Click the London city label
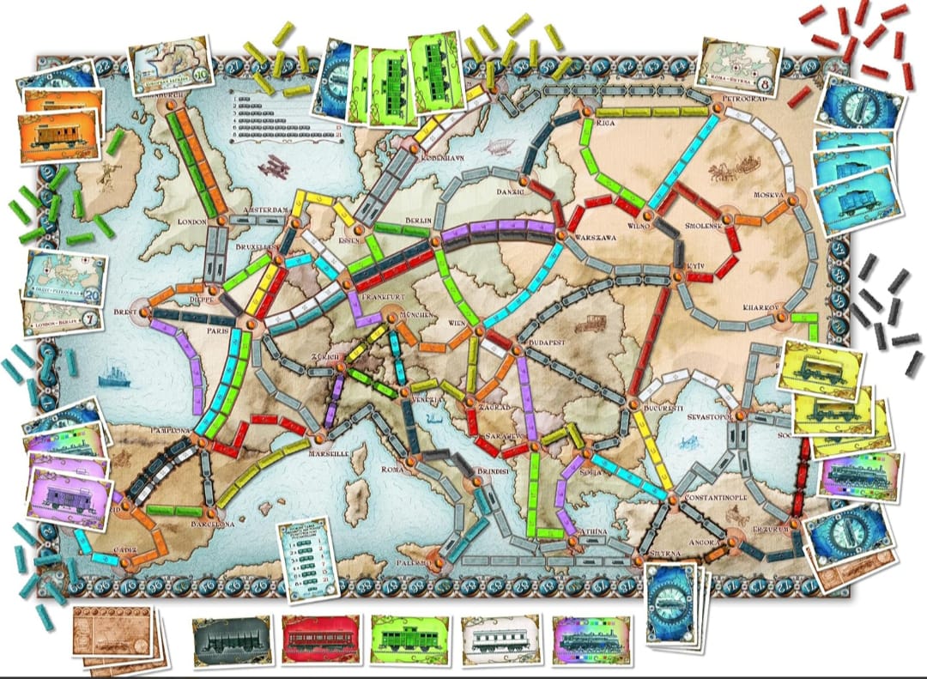pos(194,221)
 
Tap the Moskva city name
pos(769,196)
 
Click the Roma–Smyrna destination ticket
pos(741,66)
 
